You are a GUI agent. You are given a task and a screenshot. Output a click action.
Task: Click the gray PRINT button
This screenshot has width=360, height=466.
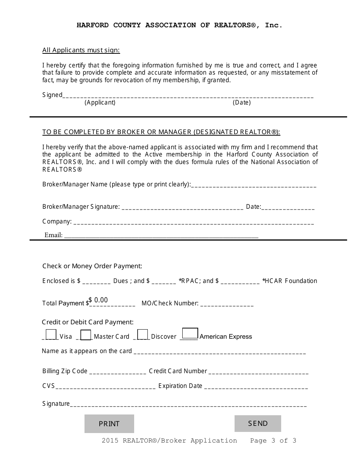click(x=109, y=424)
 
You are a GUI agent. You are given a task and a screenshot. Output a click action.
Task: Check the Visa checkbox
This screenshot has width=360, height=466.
click(x=51, y=335)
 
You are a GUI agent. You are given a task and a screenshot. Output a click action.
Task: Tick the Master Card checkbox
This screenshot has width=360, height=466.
click(x=86, y=335)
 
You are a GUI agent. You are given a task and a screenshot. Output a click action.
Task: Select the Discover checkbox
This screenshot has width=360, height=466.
click(x=142, y=335)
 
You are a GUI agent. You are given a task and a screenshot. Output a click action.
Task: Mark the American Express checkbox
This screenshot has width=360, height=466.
click(x=190, y=333)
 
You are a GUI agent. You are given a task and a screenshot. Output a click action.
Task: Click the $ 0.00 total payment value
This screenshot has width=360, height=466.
click(x=99, y=300)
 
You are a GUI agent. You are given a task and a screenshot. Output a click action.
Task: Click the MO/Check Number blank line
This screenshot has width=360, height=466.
click(x=227, y=304)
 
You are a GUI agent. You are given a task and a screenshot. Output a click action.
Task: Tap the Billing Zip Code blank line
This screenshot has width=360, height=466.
click(x=117, y=372)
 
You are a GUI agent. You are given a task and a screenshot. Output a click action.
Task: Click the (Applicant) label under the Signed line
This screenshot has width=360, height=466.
click(x=100, y=102)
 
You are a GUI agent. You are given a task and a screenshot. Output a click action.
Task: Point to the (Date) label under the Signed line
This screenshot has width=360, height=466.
click(x=242, y=102)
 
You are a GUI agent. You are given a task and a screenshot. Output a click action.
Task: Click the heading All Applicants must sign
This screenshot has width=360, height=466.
click(x=81, y=50)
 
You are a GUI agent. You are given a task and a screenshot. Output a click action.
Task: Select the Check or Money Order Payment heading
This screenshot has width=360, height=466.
click(x=92, y=266)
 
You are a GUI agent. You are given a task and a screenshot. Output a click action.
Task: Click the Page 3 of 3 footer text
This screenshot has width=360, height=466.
click(x=273, y=440)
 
